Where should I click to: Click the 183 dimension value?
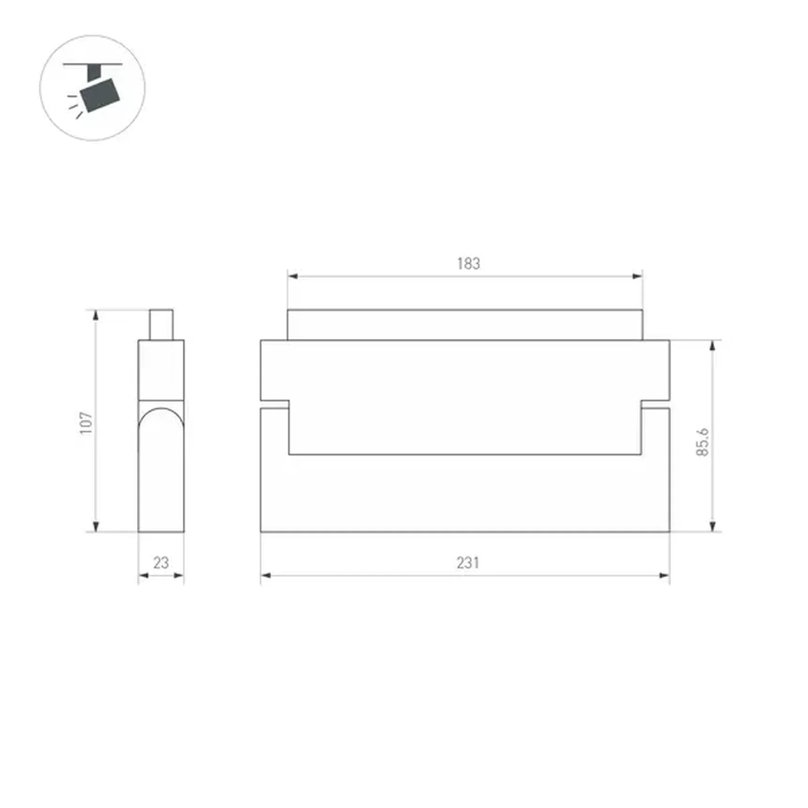tap(468, 264)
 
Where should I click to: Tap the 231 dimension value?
tap(468, 562)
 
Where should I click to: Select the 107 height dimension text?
tap(86, 423)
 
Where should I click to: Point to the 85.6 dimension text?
tap(702, 442)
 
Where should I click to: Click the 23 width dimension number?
tap(161, 562)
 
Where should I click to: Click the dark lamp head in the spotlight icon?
tap(100, 95)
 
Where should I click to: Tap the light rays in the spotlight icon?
tap(74, 106)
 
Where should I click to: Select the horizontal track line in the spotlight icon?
tap(93, 64)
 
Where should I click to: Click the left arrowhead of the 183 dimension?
tap(293, 276)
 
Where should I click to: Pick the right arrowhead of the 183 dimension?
tap(637, 276)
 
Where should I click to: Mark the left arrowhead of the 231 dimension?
tap(266, 575)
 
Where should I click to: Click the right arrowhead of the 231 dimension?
tap(664, 575)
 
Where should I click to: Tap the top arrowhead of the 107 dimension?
tap(96, 315)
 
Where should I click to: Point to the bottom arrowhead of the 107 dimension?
tap(96, 526)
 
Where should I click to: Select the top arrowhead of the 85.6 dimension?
tap(712, 346)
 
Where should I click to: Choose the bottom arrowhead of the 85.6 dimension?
tap(712, 526)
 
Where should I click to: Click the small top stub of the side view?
tap(161, 324)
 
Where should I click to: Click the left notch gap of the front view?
tap(275, 404)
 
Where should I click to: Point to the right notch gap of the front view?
tap(655, 404)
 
